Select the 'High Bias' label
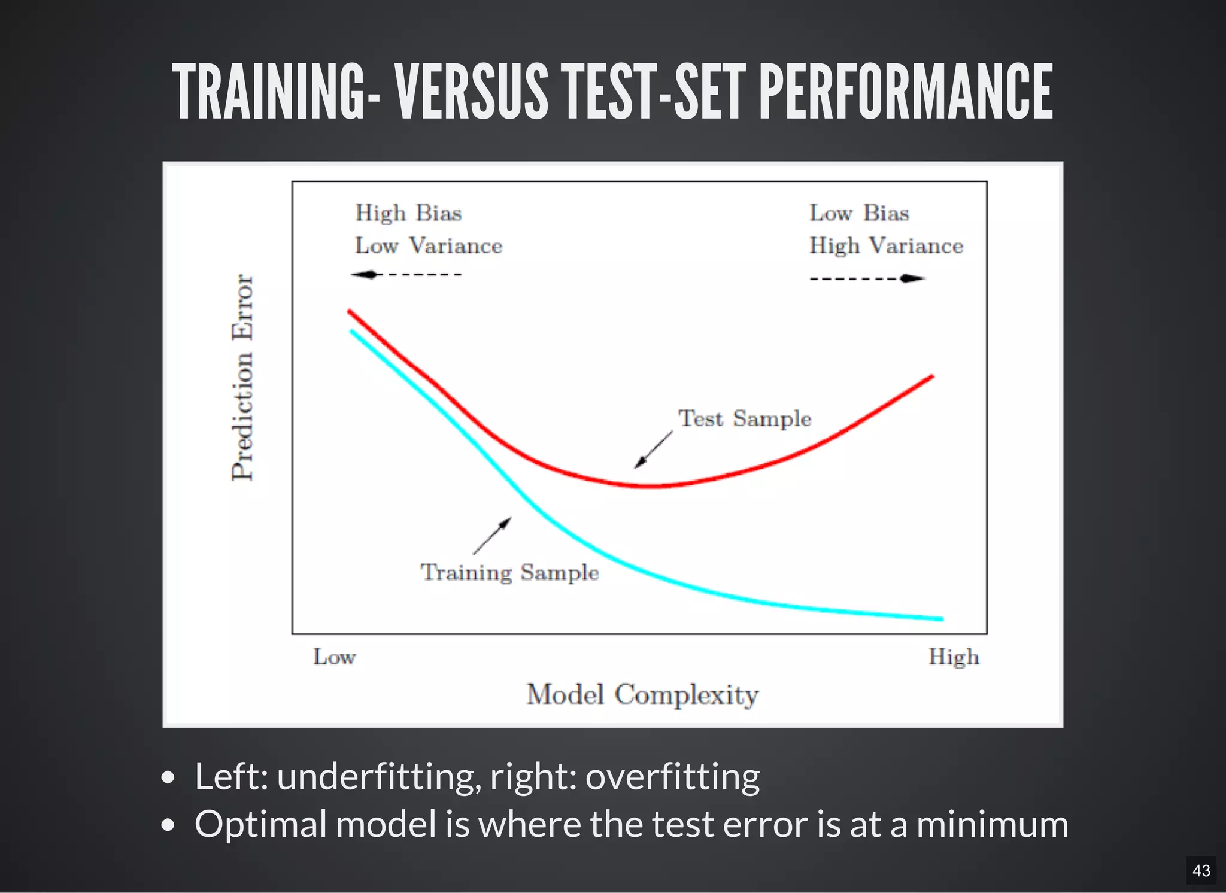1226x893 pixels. pos(408,214)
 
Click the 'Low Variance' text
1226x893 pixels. pos(429,246)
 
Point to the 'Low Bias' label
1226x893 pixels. pos(859,214)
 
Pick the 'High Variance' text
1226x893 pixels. pos(886,246)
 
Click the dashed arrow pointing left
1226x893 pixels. pos(406,275)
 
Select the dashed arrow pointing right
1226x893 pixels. pos(867,278)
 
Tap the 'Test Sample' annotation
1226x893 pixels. pos(744,419)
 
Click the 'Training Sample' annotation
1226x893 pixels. pos(509,573)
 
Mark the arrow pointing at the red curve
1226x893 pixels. pos(653,449)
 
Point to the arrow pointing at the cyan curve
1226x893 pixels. pos(492,536)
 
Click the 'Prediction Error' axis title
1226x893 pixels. pos(243,377)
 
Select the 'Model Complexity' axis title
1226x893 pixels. pos(642,695)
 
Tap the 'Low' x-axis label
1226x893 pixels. pos(334,657)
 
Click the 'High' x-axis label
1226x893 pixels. pos(954,657)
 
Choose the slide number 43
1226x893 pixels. pos(1201,870)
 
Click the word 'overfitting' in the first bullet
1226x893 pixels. pos(672,777)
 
